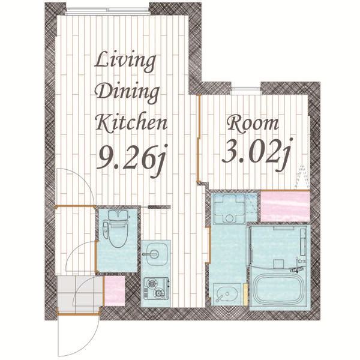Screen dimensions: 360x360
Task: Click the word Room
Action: (x=253, y=124)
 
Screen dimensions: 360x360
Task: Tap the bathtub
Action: (x=278, y=289)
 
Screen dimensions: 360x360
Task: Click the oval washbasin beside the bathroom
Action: (x=227, y=294)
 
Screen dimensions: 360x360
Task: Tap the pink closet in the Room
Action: (x=285, y=206)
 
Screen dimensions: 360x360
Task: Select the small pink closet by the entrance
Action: (x=115, y=290)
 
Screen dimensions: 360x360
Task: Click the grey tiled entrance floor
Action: (x=79, y=293)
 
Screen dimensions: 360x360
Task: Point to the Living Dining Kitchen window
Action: (x=107, y=11)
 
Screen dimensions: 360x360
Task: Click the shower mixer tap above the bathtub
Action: (x=298, y=269)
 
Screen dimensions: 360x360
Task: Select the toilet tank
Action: (x=118, y=215)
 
